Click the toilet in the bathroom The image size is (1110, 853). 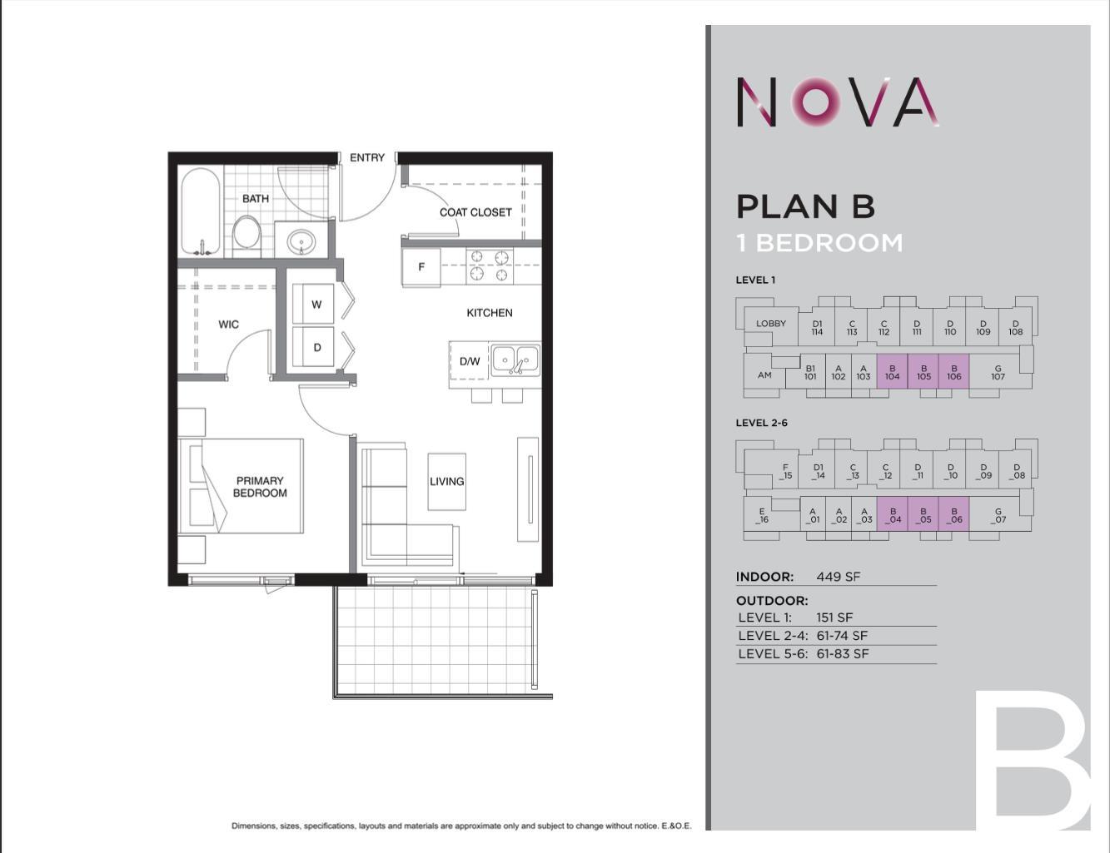click(246, 233)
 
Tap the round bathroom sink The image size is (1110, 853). click(301, 242)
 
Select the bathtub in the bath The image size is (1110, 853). click(201, 213)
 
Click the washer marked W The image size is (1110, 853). click(316, 305)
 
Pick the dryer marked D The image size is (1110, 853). click(316, 347)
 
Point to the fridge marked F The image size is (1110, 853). click(421, 267)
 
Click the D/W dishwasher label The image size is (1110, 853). click(470, 361)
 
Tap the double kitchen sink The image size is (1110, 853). click(515, 360)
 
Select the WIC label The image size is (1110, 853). click(229, 324)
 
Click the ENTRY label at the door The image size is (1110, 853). click(367, 157)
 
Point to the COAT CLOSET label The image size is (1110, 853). click(475, 212)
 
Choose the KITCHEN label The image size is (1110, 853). click(490, 313)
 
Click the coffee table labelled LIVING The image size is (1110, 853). click(447, 481)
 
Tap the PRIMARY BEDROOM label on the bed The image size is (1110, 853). click(260, 487)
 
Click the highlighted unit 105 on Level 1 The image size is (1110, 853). click(923, 372)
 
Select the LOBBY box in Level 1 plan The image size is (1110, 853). click(771, 324)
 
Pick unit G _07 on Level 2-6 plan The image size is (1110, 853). click(998, 516)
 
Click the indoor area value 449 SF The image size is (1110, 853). click(839, 577)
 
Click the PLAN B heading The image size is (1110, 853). click(805, 206)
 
